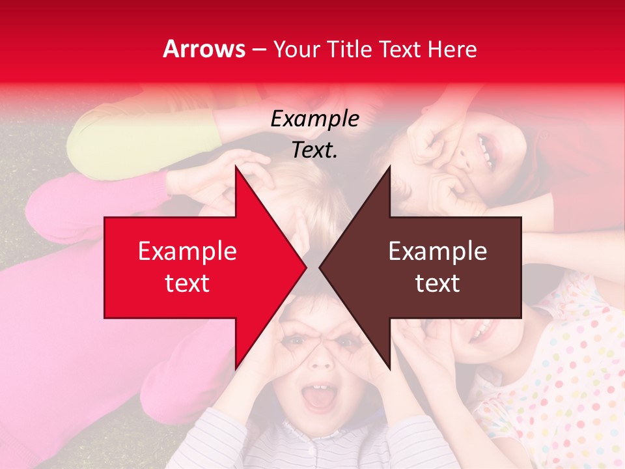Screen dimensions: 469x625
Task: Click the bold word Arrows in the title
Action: (204, 49)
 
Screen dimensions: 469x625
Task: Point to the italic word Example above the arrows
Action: (314, 119)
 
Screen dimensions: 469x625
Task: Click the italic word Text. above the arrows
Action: (314, 150)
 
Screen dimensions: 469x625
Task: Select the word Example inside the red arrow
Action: (187, 251)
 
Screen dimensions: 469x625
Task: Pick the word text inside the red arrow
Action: (187, 283)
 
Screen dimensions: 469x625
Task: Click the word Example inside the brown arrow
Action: (437, 251)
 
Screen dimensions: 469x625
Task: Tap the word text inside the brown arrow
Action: (437, 283)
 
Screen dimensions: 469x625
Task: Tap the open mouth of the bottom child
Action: (318, 399)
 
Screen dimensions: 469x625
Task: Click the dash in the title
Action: (258, 50)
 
